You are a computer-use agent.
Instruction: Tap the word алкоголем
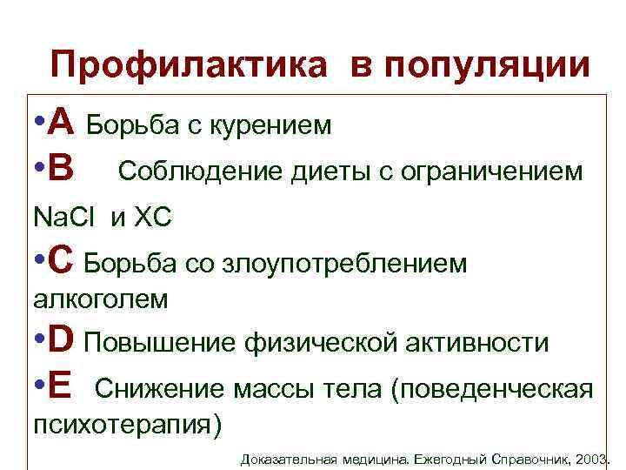tap(100, 299)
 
